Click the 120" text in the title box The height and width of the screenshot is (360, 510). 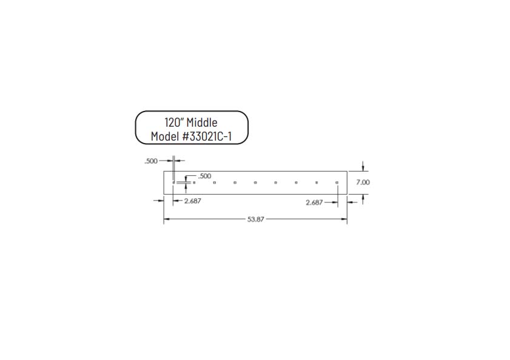tap(175, 122)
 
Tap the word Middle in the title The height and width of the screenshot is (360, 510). tap(202, 122)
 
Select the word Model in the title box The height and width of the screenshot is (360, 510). tap(165, 136)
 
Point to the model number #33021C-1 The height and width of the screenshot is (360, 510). tap(207, 136)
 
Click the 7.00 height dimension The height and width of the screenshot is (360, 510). tap(363, 182)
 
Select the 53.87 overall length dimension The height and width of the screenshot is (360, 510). tap(256, 219)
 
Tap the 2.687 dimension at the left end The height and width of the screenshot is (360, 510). tap(193, 201)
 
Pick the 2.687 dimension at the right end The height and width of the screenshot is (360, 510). tap(314, 202)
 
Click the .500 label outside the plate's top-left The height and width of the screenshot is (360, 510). tap(151, 161)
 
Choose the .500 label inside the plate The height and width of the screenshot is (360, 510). tap(204, 176)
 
